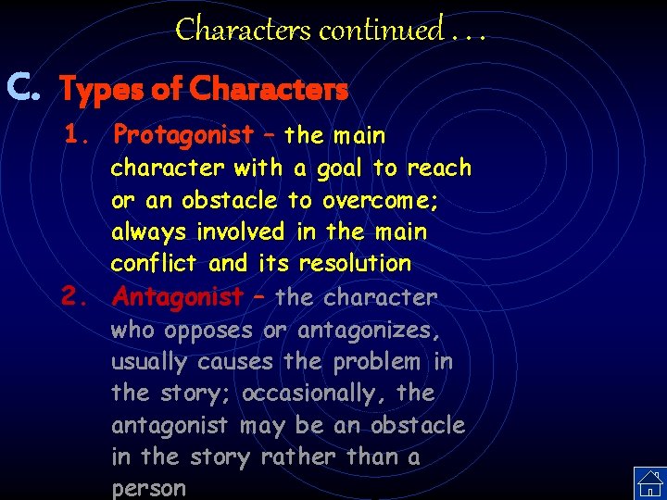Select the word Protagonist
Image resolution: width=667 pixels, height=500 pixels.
[182, 135]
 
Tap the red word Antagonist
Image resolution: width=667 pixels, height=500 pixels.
[177, 297]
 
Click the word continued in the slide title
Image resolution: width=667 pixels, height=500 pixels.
[381, 30]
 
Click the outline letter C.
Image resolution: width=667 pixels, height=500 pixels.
[22, 88]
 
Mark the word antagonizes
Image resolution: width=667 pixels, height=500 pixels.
[370, 330]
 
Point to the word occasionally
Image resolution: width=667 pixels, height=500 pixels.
[302, 394]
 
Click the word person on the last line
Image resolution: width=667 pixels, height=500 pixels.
[148, 488]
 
